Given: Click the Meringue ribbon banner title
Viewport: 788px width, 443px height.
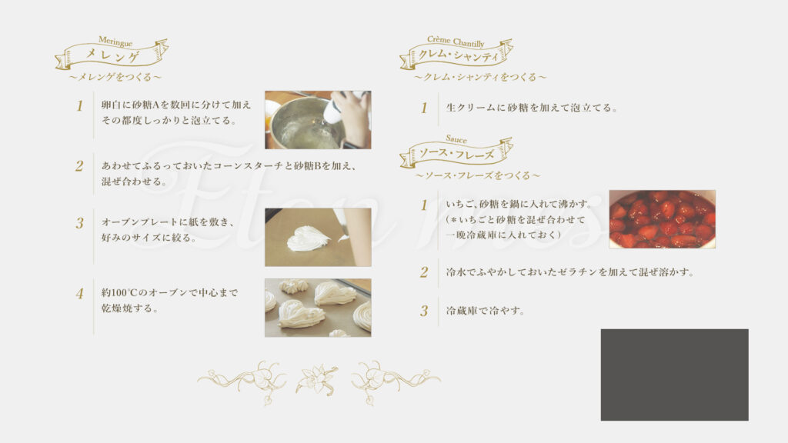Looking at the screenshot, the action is pos(112,53).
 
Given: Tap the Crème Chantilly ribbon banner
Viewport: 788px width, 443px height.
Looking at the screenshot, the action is pos(456,53).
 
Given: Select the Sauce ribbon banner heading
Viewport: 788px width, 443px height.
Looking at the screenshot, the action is pos(456,152).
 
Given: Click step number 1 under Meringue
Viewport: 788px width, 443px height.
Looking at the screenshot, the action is pos(79,106).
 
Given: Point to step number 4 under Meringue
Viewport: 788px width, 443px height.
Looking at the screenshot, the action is pos(79,294).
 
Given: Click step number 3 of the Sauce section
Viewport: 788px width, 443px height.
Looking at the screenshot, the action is pos(424,311).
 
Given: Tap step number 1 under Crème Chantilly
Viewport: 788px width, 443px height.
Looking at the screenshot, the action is pos(424,108).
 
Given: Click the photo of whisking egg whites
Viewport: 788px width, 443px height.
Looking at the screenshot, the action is pos(318,120).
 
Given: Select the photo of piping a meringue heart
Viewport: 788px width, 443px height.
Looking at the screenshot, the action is pos(318,237).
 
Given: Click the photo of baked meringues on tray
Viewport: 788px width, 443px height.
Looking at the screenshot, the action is pos(318,308).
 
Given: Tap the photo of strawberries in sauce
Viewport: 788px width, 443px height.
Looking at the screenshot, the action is pos(663,219).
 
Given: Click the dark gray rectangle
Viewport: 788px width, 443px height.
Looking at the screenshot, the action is pos(674,375).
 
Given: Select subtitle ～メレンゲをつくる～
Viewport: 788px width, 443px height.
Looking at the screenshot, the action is pos(115,77).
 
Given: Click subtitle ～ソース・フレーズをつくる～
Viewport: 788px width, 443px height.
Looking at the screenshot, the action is pos(477,175).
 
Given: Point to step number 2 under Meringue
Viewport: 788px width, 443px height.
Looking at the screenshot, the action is pos(79,166).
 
